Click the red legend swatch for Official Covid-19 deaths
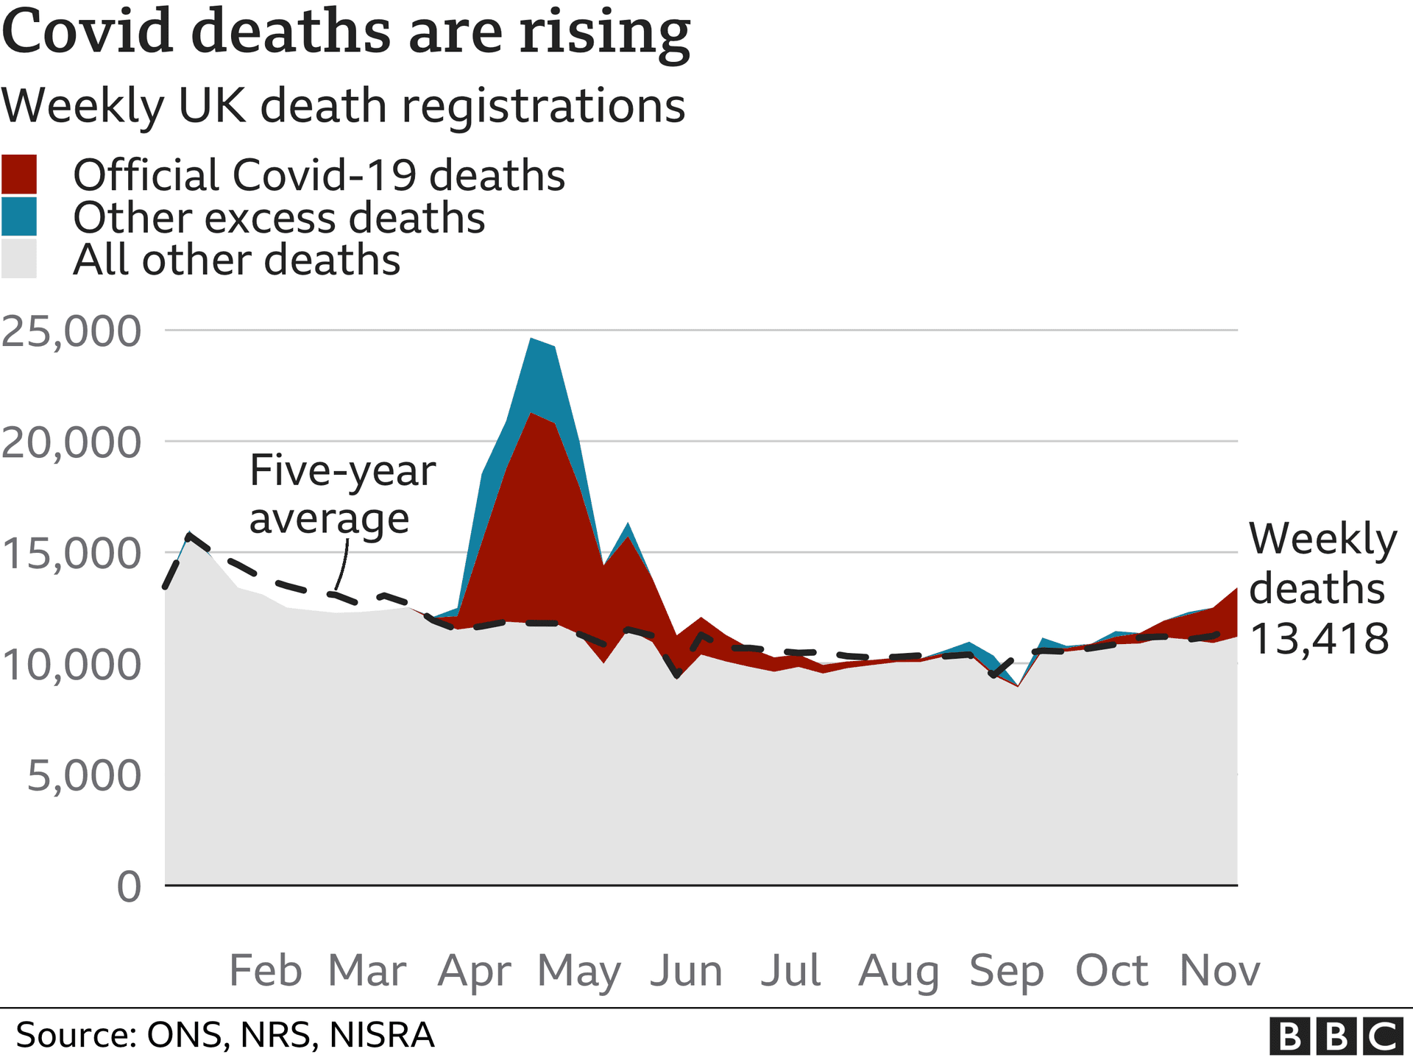19,174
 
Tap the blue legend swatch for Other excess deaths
19,217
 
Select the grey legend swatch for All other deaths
19,259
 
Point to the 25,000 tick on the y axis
71,331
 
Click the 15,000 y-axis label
71,554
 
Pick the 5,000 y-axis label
84,776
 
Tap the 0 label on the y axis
129,886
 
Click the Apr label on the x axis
474,971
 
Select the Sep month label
1006,971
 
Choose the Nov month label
1219,971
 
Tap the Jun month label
686,971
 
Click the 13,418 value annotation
1319,638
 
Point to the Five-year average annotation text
342,494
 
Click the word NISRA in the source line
381,1035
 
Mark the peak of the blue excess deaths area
531,339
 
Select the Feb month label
266,971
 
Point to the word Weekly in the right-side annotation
1322,539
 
